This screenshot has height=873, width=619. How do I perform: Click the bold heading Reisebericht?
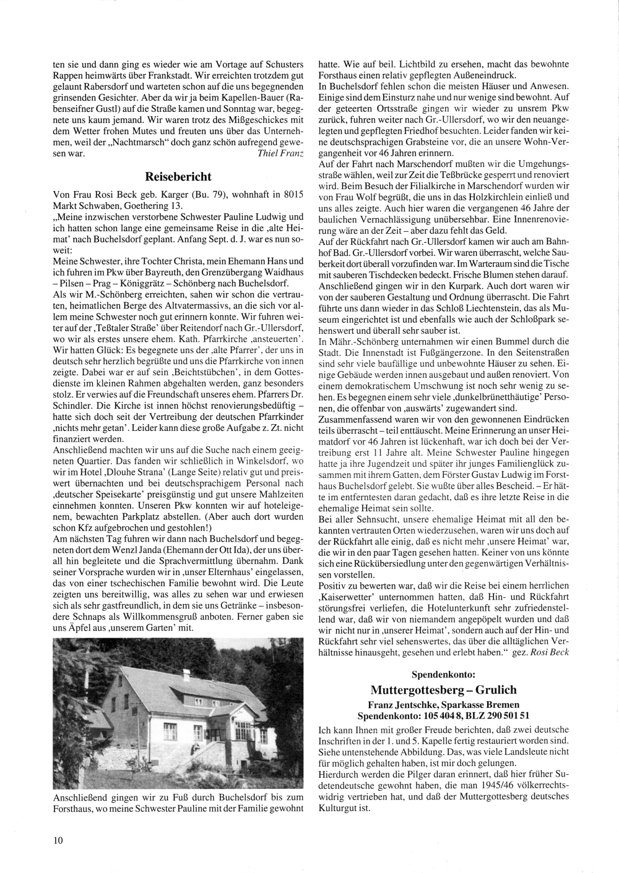pyautogui.click(x=178, y=176)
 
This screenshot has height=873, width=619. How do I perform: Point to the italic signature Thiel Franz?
pyautogui.click(x=280, y=153)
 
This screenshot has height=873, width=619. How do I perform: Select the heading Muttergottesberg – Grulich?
pyautogui.click(x=443, y=689)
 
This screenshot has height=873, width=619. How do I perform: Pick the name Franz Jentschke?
pyautogui.click(x=403, y=704)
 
